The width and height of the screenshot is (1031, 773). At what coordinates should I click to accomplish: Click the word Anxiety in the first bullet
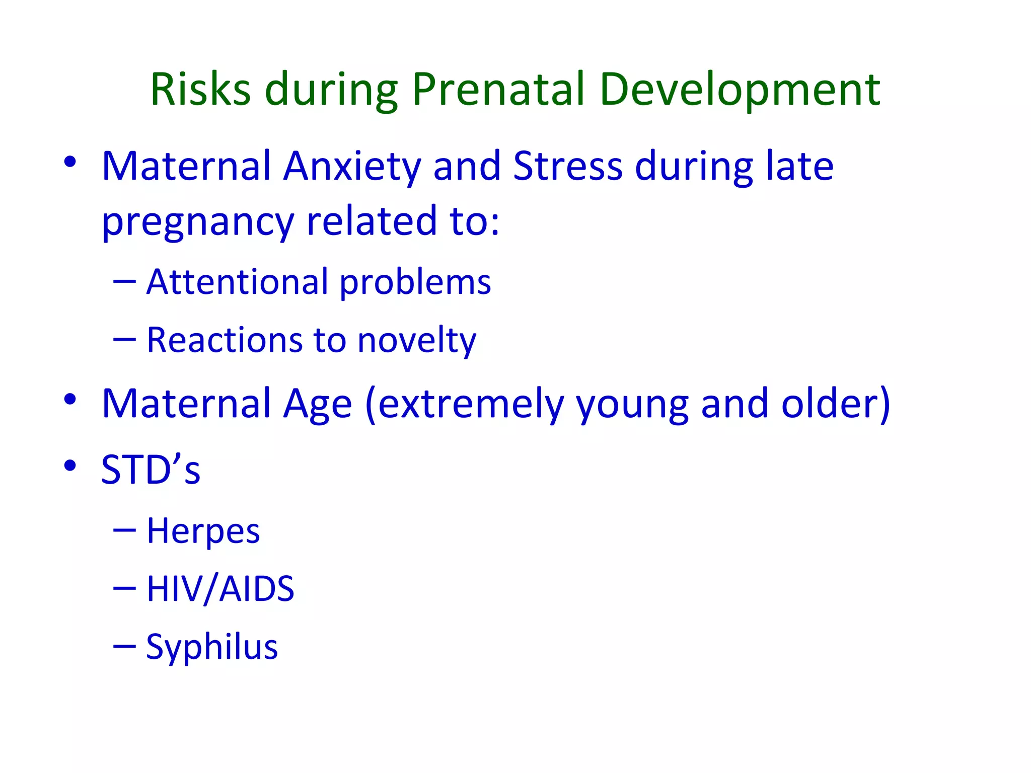(351, 167)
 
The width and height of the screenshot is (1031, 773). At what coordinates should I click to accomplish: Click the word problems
(415, 283)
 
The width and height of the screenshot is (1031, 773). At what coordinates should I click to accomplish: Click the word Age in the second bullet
(317, 405)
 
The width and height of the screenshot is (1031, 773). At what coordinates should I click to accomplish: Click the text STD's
(151, 470)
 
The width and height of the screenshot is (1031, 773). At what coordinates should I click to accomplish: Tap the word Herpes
(203, 531)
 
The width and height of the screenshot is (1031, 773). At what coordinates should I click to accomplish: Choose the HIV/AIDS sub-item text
(220, 589)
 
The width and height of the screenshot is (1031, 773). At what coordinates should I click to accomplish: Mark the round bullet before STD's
(70, 465)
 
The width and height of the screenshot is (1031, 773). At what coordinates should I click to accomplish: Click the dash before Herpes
(124, 530)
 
